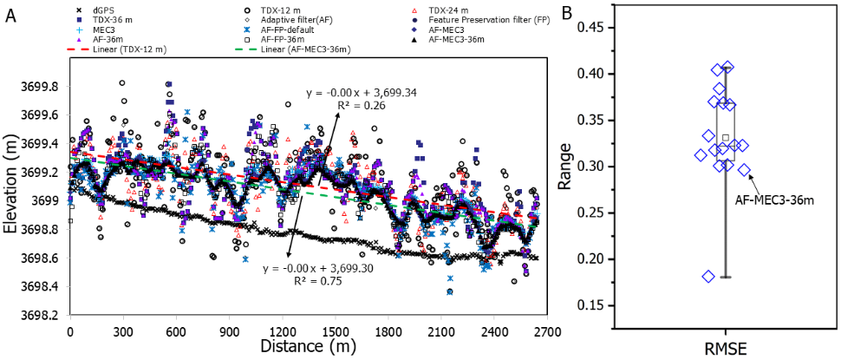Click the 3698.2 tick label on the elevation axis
(40, 315)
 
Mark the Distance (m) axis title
(308, 346)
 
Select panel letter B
(592, 13)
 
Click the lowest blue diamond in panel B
(708, 277)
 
